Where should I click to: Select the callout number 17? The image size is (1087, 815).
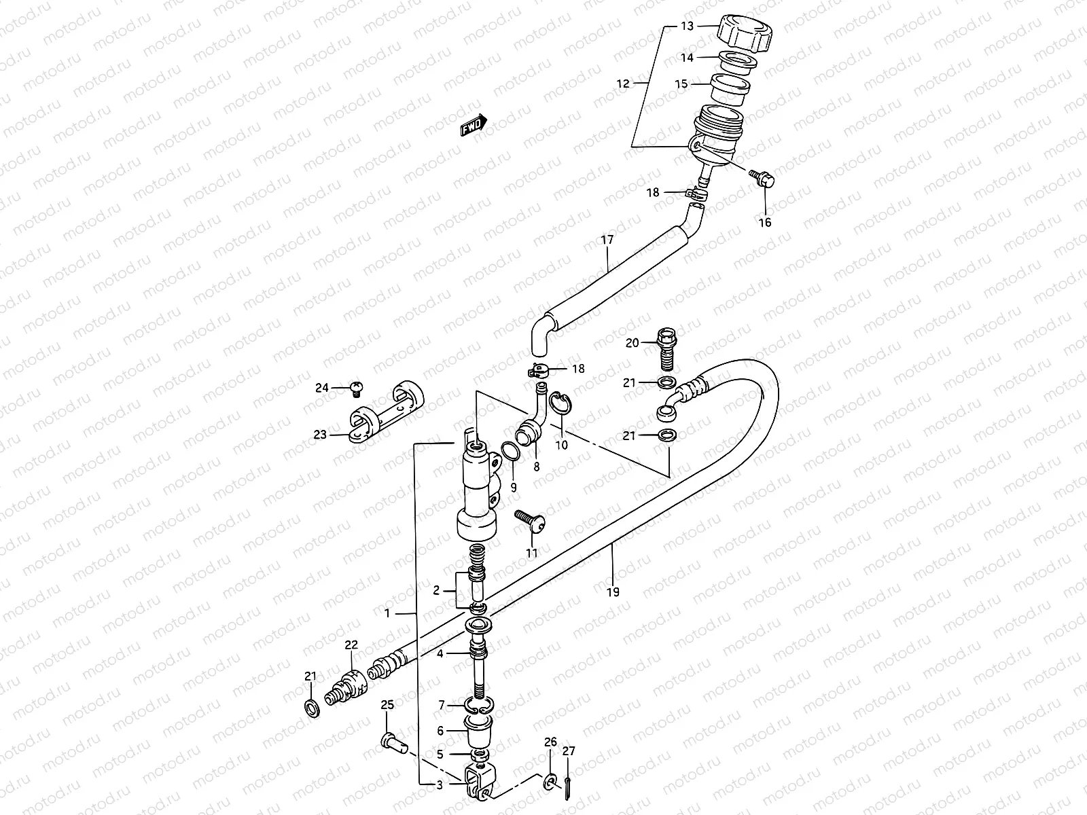[607, 240]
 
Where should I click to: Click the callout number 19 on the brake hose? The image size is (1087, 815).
[613, 592]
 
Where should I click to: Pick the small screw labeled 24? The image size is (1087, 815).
[355, 388]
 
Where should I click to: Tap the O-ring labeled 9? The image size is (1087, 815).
[509, 450]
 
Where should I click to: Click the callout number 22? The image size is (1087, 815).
[351, 646]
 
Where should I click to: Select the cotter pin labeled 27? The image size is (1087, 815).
[569, 782]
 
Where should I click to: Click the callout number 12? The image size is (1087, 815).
[623, 84]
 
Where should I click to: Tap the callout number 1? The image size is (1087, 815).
[387, 613]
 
